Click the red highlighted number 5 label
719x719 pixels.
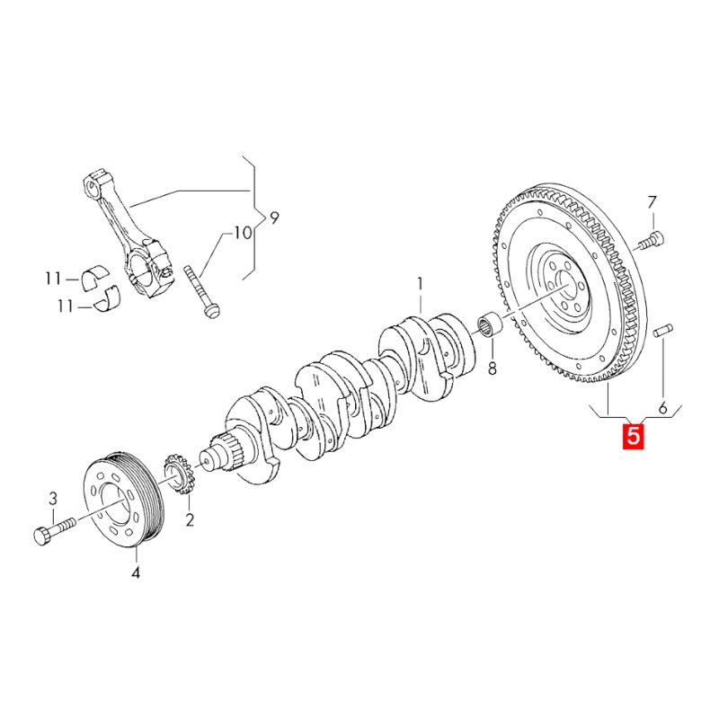coord(633,437)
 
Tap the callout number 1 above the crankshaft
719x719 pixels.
coord(419,286)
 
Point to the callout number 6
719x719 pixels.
coord(663,408)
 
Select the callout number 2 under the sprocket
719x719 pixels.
coord(190,519)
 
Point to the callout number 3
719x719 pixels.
coord(52,498)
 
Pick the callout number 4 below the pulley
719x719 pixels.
coord(136,572)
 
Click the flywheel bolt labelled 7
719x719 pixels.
coord(651,240)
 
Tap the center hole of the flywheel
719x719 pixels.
coord(565,290)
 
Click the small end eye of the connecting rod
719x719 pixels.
coord(94,185)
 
